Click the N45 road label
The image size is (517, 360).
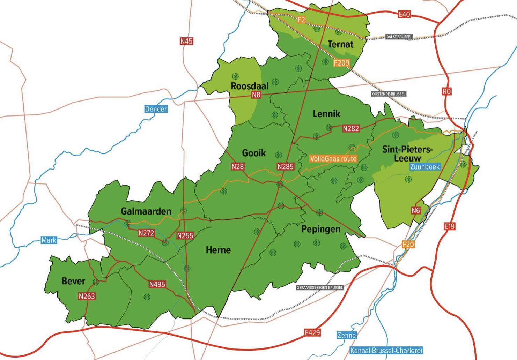(x=186, y=41)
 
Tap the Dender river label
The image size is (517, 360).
(x=156, y=109)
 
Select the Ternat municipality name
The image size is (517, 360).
(x=340, y=44)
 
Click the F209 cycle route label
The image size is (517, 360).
(x=341, y=63)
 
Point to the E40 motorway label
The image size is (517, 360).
(x=404, y=15)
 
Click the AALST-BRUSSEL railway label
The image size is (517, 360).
(x=399, y=37)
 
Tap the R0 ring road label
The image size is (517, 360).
(x=446, y=91)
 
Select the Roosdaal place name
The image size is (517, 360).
(x=250, y=86)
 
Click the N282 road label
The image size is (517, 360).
(x=351, y=128)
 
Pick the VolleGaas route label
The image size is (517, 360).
(x=333, y=159)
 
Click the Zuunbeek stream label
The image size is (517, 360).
(x=425, y=167)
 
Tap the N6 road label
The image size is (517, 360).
(x=415, y=210)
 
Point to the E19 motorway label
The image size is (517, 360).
(x=450, y=226)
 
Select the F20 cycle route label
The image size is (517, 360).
(x=408, y=244)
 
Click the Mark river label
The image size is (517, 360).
(x=49, y=240)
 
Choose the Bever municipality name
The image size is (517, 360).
(x=73, y=281)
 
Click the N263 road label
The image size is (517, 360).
(x=87, y=296)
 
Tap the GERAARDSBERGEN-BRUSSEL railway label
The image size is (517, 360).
(x=319, y=288)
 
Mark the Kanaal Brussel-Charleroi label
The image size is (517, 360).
(x=386, y=351)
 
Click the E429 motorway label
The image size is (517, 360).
(x=312, y=332)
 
